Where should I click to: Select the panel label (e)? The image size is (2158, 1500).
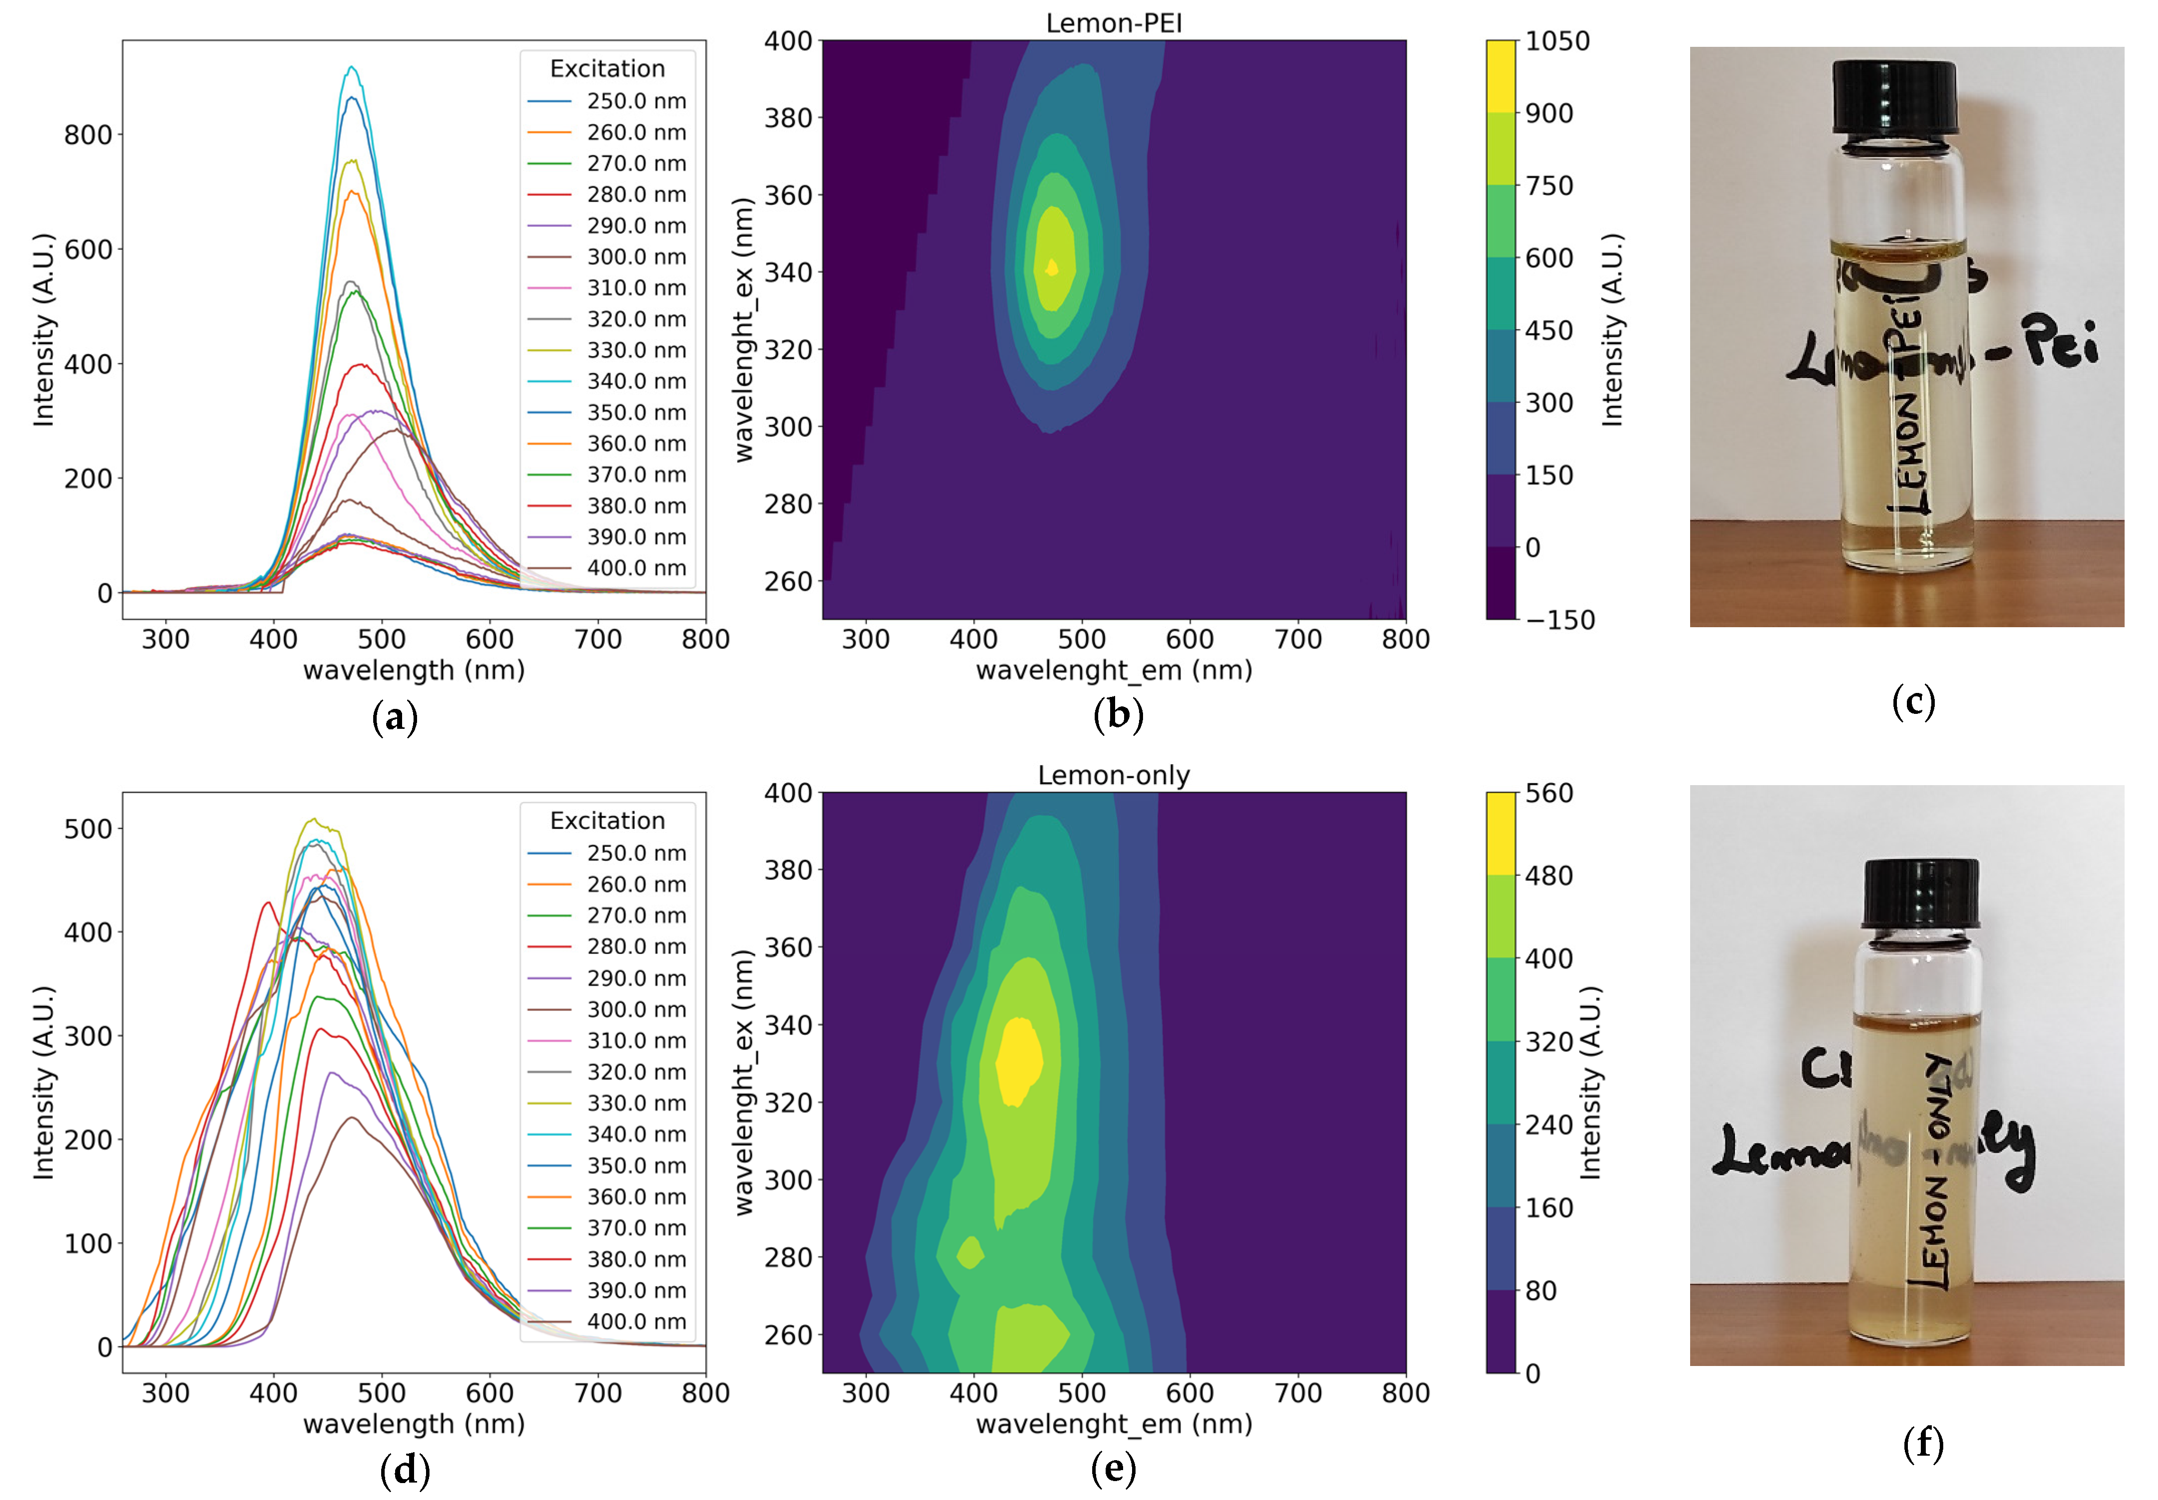tap(1114, 1468)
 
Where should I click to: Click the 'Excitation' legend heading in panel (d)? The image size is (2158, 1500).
tap(607, 820)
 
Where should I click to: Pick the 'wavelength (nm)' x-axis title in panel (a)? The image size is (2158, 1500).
tap(414, 670)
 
